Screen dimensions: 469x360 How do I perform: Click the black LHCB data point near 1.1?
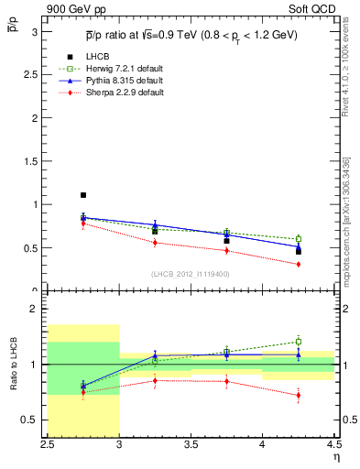pos(83,195)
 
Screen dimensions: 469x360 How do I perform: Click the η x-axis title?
pos(336,457)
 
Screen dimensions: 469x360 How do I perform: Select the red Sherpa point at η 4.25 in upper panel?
pos(298,264)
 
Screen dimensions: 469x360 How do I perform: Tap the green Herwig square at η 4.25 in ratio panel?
pos(298,342)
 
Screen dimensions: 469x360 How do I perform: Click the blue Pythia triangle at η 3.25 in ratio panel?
pos(155,355)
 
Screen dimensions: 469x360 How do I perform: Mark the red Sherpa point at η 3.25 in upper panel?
pos(155,243)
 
